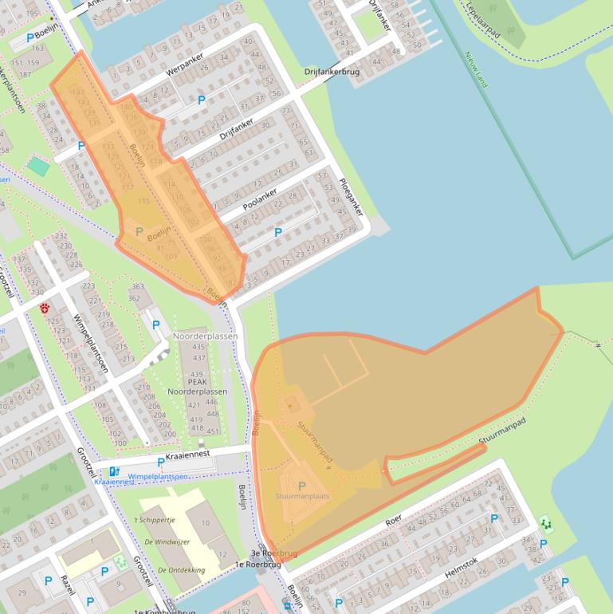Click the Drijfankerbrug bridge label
pos(332,72)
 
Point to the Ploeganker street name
pos(350,197)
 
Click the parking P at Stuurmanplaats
pos(301,486)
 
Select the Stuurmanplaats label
pos(302,496)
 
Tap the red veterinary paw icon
pos(45,307)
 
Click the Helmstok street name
pos(460,572)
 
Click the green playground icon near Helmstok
pos(546,523)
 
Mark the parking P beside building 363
pos(156,325)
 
